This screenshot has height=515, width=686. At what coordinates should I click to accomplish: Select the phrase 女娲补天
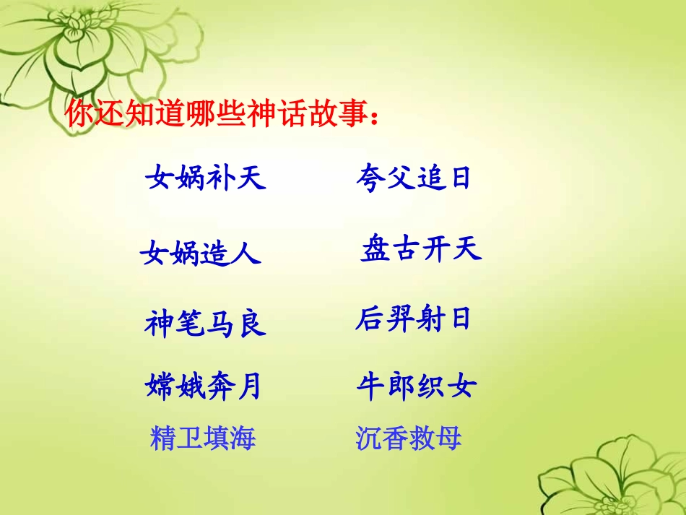[x=206, y=177]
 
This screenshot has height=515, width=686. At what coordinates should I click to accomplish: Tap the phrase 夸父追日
[x=412, y=177]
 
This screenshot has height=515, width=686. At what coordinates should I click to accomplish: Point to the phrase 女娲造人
[x=201, y=253]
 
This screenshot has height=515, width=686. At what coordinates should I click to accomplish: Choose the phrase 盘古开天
[x=420, y=250]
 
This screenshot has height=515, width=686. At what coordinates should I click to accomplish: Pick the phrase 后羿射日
[x=412, y=319]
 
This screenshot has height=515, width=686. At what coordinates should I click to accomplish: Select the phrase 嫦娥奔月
[x=203, y=386]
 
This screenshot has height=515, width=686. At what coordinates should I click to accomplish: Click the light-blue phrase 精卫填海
[x=203, y=438]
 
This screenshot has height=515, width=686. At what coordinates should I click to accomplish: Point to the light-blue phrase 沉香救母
[x=409, y=438]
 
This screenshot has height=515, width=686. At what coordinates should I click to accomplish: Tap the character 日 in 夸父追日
[x=460, y=178]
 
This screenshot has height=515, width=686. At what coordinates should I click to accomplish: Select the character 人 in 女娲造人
[x=246, y=254]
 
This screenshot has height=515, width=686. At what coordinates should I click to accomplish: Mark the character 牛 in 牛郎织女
[x=370, y=386]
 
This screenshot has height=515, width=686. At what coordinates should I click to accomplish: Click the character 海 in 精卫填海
[x=243, y=438]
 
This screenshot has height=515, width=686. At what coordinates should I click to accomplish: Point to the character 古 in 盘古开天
[x=405, y=250]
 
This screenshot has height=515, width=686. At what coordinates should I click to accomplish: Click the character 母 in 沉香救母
[x=448, y=438]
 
